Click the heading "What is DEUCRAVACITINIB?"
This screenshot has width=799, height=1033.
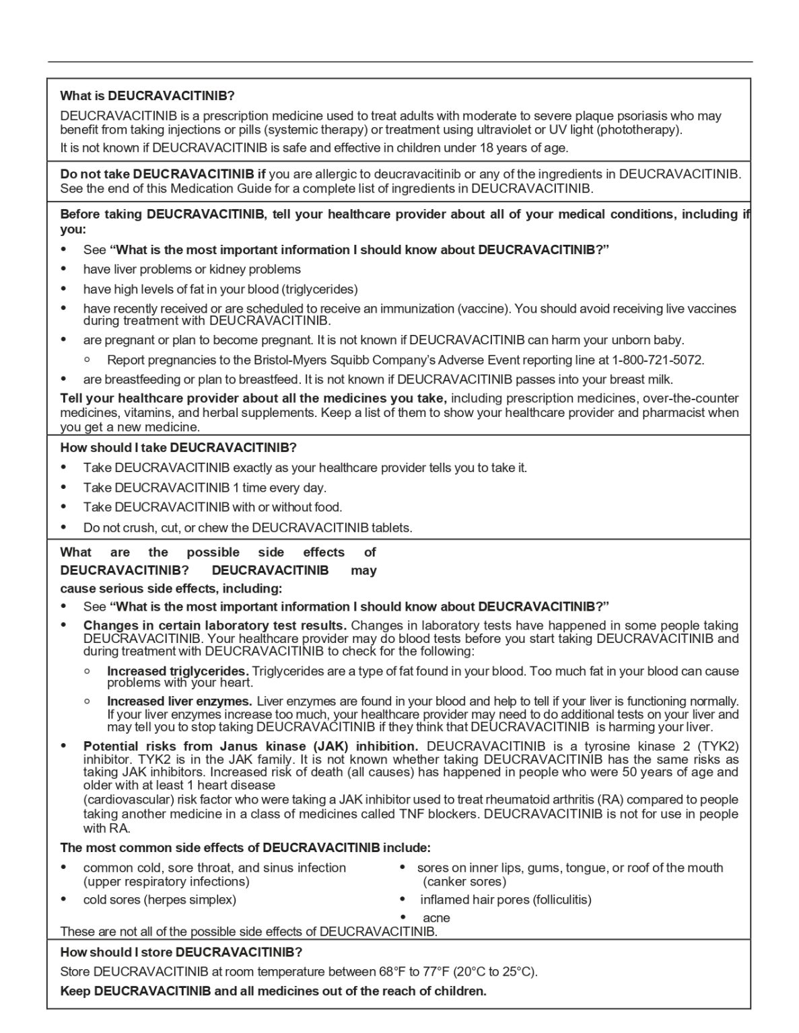pyautogui.click(x=147, y=95)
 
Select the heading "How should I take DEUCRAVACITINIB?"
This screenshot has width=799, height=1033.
pyautogui.click(x=178, y=447)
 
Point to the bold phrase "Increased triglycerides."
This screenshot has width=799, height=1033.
pyautogui.click(x=178, y=671)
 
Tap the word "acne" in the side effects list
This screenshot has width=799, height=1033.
pyautogui.click(x=436, y=918)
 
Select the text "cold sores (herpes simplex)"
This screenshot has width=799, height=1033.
pyautogui.click(x=160, y=900)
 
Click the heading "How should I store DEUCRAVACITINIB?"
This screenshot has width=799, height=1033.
pyautogui.click(x=181, y=952)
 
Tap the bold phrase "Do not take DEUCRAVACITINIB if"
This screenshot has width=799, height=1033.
pyautogui.click(x=163, y=174)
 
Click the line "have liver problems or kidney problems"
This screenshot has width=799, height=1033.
pyautogui.click(x=192, y=270)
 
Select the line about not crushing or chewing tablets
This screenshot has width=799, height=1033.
pyautogui.click(x=248, y=528)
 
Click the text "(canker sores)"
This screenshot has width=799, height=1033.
pyautogui.click(x=464, y=882)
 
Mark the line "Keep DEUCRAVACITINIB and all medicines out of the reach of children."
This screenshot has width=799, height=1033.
pyautogui.click(x=273, y=991)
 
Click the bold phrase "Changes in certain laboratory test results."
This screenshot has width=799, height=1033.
pyautogui.click(x=215, y=625)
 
